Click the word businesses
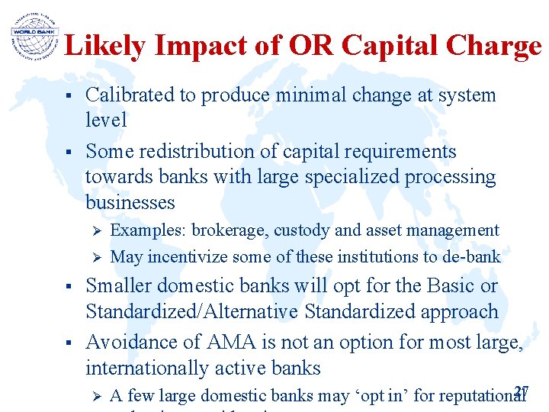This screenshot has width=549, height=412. tap(130, 203)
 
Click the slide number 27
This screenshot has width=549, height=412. tap(522, 391)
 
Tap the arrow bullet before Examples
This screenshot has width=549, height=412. tap(96, 231)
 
